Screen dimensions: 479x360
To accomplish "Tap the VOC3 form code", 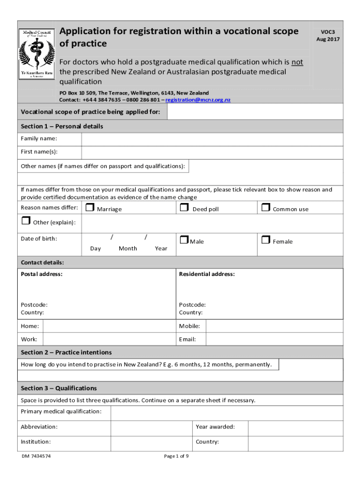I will pos(328,32).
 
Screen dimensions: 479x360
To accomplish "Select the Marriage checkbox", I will pos(91,207).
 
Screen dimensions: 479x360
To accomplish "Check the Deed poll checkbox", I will pos(184,207).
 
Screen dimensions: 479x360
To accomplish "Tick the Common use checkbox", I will pos(266,207).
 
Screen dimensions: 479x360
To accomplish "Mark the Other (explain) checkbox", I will pos(26,221).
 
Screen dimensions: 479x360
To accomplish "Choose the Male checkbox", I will pos(184,239).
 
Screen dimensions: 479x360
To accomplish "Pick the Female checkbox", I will pos(266,239).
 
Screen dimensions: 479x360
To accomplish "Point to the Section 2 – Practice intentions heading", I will pos(66,352).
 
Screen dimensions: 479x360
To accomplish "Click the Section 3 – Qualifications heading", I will pos(59,388).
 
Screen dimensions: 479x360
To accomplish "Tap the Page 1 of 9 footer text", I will pos(177,456).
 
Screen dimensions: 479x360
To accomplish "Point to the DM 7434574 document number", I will pos(36,456).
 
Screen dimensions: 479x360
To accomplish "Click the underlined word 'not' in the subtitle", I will pos(297,62).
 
